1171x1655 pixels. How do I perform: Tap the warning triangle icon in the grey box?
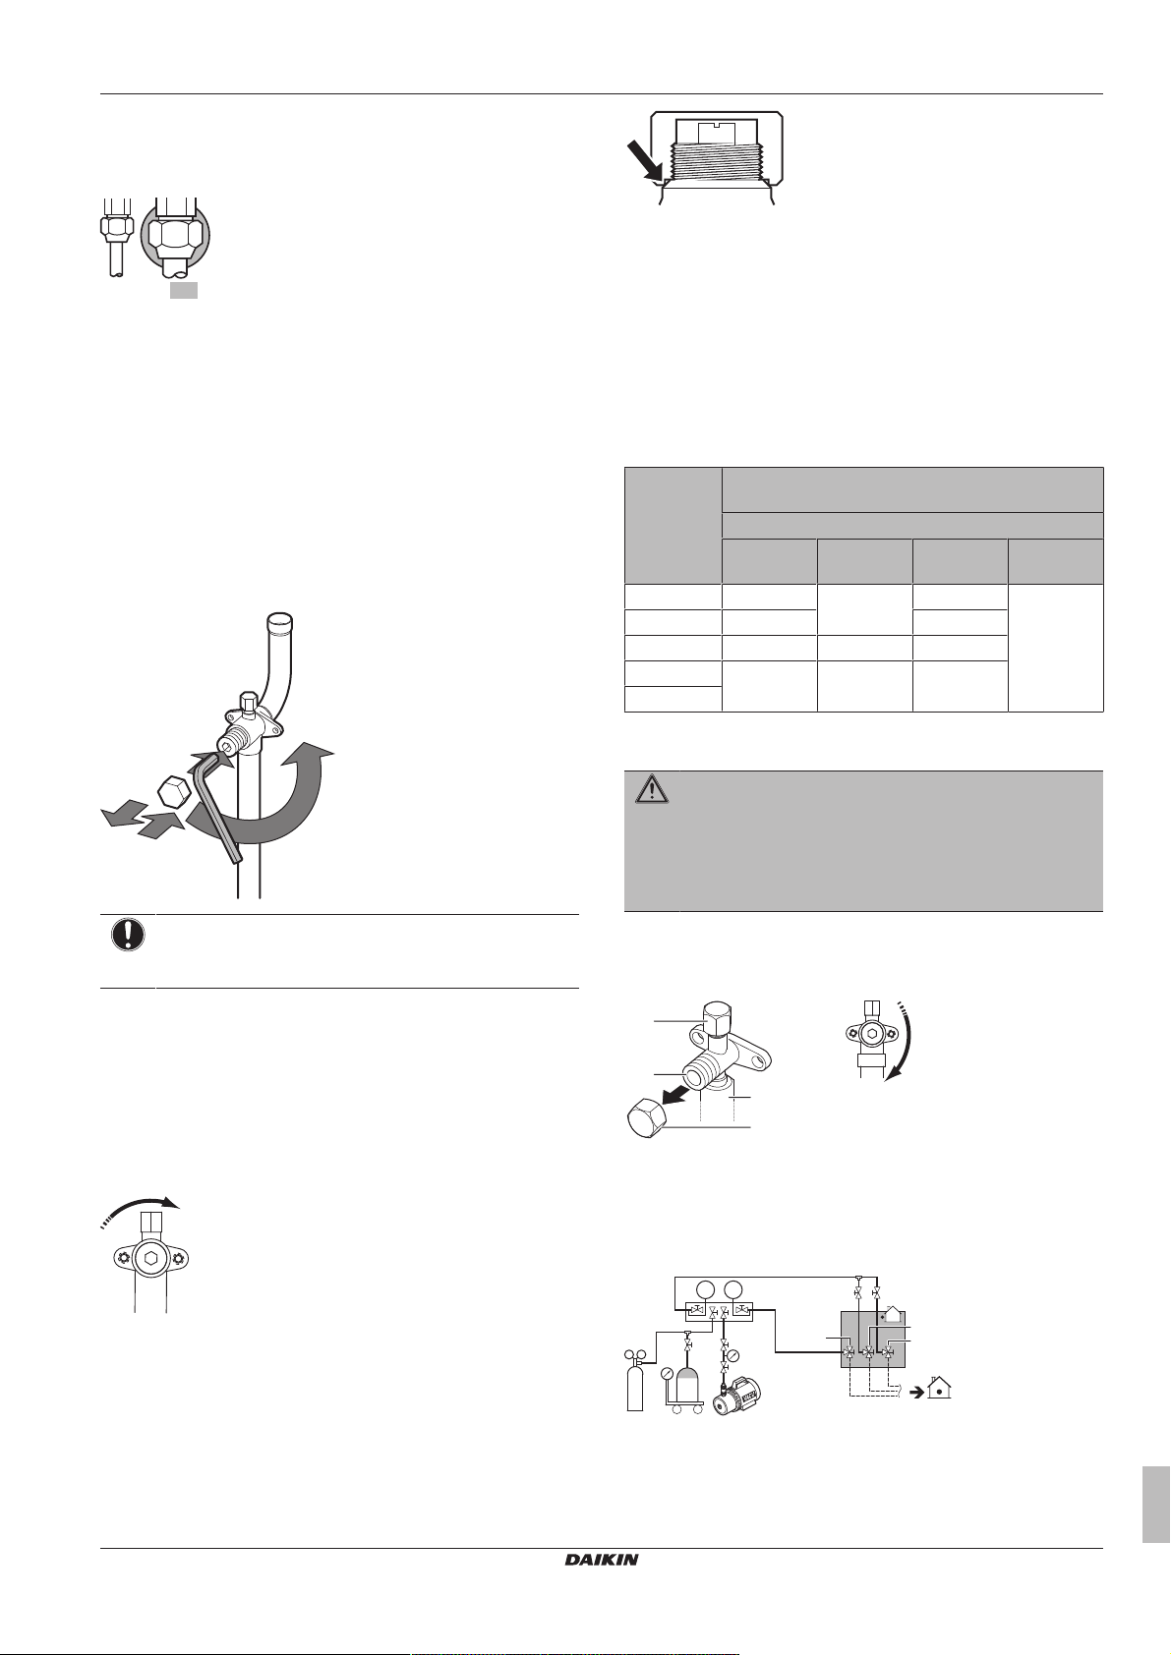tap(651, 790)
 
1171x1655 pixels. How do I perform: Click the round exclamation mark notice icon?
tap(127, 936)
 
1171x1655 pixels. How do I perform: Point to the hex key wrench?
tap(219, 804)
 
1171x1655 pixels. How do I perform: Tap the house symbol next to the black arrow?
tap(938, 1387)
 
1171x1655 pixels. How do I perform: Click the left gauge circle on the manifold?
tap(705, 1289)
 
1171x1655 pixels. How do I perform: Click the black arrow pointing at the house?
tap(915, 1390)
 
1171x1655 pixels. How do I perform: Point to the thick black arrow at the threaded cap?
tap(644, 161)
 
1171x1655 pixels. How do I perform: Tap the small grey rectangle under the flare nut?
tap(183, 290)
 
